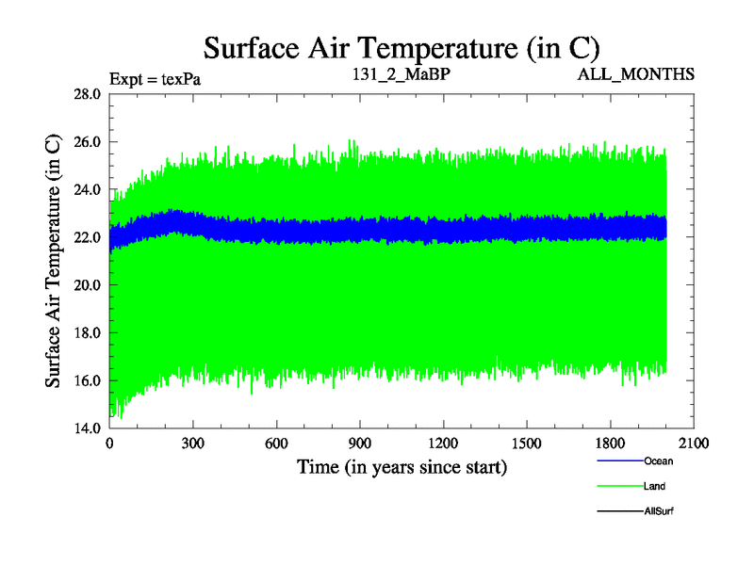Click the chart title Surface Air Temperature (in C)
(x=402, y=46)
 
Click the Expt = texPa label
(x=155, y=78)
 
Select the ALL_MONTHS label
(x=636, y=73)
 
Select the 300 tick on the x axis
(x=192, y=444)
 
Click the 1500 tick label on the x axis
(x=526, y=444)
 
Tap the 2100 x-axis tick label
(x=693, y=444)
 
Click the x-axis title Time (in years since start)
(x=402, y=466)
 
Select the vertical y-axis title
(x=54, y=261)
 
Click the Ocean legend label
(x=658, y=461)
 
